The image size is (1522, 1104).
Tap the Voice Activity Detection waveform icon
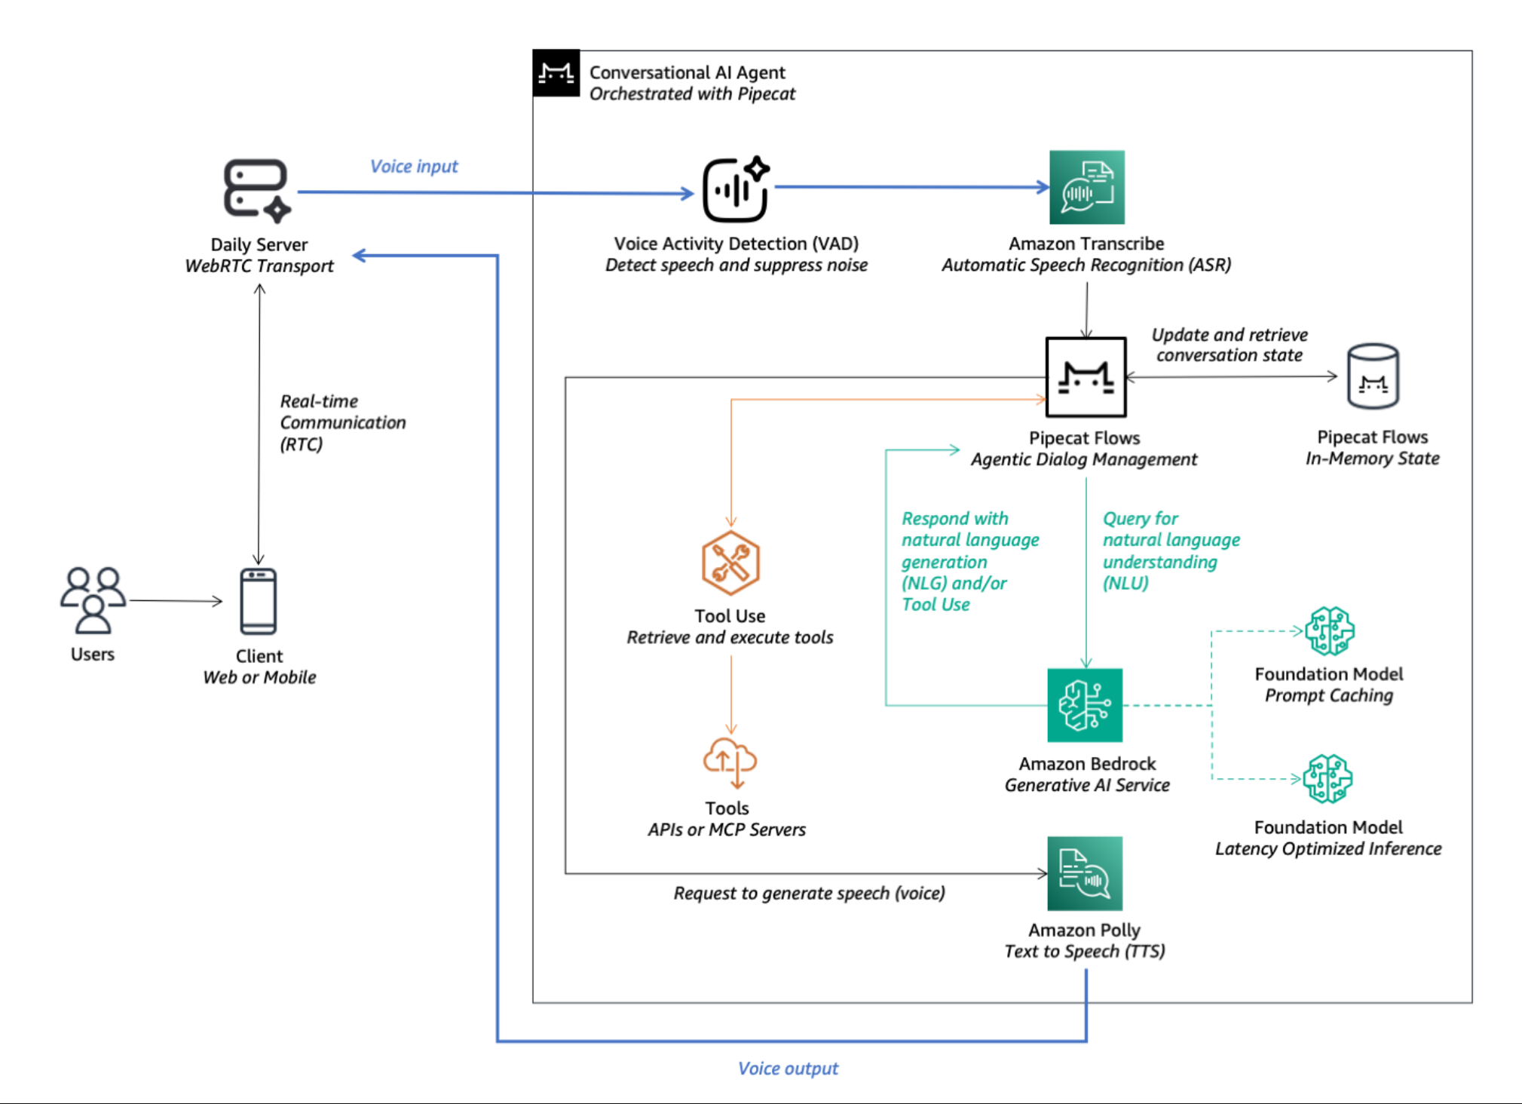coord(736,189)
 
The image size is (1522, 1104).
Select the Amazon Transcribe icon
coord(1086,187)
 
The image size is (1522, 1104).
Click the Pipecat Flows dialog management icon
coord(1086,377)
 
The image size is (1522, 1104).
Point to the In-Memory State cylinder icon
coord(1373,376)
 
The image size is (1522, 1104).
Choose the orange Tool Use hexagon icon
coord(730,563)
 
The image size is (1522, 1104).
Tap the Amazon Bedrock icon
coord(1085,705)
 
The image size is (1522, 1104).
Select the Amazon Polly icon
coord(1085,873)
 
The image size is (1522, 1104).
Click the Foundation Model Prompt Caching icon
coord(1330,630)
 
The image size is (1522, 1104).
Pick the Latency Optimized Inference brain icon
coord(1328,778)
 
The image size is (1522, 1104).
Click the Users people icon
coord(93,600)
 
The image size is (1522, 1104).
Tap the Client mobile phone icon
coord(259,601)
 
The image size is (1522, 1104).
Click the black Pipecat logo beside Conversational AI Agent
coord(556,73)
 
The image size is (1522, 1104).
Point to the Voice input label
coord(414,167)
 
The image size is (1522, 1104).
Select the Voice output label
coord(788,1069)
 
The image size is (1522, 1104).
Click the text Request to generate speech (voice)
coord(809,894)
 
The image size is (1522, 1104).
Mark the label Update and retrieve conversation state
coord(1230,345)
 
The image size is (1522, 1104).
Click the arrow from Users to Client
coord(176,601)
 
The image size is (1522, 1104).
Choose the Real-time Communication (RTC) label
coord(342,422)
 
